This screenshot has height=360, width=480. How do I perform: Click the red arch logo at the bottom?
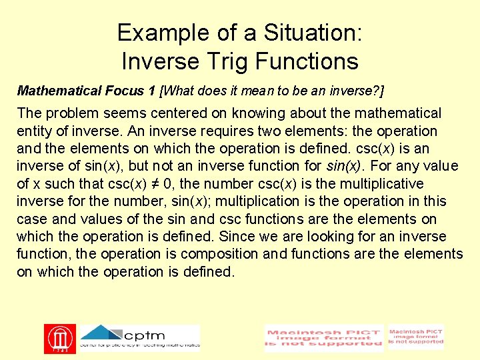[59, 339]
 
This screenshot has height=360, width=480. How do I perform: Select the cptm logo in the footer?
[139, 337]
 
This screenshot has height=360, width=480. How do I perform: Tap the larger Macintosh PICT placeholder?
[324, 338]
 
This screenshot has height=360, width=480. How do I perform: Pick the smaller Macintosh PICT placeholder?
[416, 337]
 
